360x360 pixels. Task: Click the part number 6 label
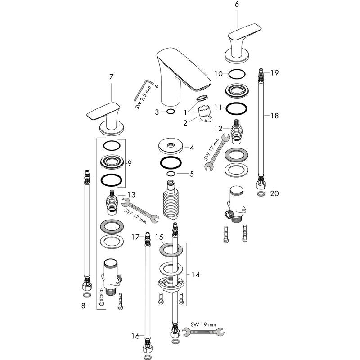tap(237, 4)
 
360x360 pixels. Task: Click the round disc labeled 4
tap(170, 147)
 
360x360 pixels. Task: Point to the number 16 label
tap(134, 336)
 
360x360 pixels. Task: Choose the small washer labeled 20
tap(261, 194)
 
